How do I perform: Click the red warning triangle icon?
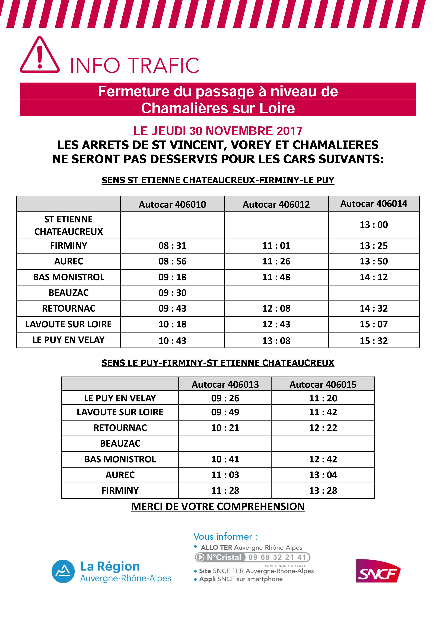pyautogui.click(x=40, y=55)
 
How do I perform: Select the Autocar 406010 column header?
pyautogui.click(x=172, y=204)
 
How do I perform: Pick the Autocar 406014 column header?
pyautogui.click(x=374, y=204)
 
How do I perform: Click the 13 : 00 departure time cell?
pyautogui.click(x=374, y=225)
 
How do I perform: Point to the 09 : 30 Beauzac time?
pyautogui.click(x=172, y=293)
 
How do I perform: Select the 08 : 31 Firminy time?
pyautogui.click(x=172, y=246)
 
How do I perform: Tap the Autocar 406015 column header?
pyautogui.click(x=323, y=385)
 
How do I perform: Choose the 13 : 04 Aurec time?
pyautogui.click(x=323, y=475)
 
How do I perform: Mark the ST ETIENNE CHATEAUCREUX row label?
pyautogui.click(x=69, y=225)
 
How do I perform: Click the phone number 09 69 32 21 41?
pyautogui.click(x=277, y=557)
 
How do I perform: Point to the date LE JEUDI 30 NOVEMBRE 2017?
pyautogui.click(x=218, y=131)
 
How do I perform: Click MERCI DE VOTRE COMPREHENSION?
pyautogui.click(x=218, y=507)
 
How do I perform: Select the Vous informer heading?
pyautogui.click(x=225, y=537)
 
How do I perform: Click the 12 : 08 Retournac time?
pyautogui.click(x=276, y=308)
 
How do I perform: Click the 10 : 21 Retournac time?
pyautogui.click(x=225, y=428)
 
